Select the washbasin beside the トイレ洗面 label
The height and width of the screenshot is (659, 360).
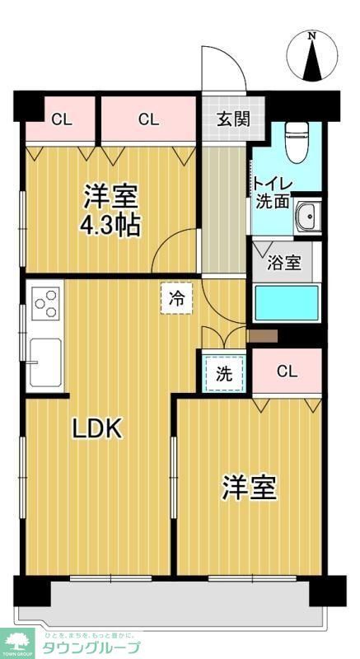306,216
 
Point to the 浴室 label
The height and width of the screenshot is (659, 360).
285,264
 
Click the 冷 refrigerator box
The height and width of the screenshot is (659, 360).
175,297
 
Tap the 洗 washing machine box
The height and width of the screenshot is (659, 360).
223,372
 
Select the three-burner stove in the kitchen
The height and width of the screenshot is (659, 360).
46,301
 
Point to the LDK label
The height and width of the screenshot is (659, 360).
97,428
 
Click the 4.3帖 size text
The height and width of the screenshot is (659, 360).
110,225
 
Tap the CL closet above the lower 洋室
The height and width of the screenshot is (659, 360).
286,371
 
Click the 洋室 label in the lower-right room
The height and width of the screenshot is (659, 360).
248,488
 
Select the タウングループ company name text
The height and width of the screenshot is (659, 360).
91,647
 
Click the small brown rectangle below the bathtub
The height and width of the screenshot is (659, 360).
264,335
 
